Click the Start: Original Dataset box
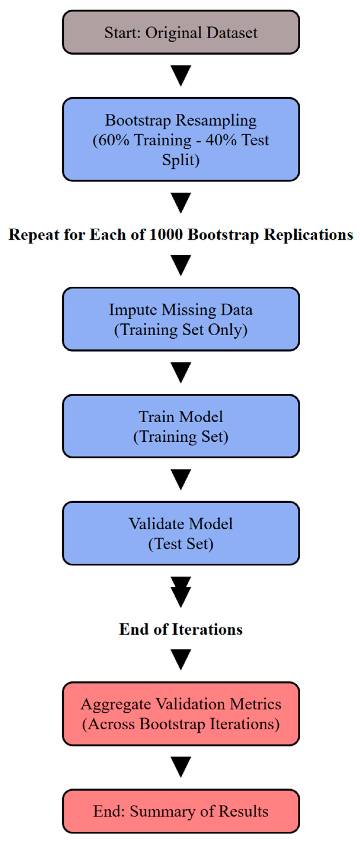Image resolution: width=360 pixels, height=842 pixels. point(181,32)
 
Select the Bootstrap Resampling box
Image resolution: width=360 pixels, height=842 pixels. point(181,139)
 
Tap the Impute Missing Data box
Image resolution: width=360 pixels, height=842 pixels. point(181,319)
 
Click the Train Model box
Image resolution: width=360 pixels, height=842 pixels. point(181,426)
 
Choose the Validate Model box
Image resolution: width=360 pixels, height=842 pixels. point(181,533)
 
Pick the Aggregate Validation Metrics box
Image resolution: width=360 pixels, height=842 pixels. point(181,714)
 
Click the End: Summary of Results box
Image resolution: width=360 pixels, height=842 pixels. point(181,811)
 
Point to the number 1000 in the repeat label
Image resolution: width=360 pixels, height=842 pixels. point(166,235)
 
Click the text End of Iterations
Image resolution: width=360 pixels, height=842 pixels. point(181,629)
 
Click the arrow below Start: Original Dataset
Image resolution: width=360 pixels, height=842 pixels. point(181,75)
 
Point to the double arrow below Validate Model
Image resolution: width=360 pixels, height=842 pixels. point(181,592)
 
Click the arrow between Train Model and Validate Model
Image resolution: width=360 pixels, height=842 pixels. point(181,479)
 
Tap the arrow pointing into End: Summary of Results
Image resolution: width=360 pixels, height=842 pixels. point(181,767)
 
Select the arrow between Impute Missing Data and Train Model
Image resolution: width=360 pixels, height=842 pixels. point(181,372)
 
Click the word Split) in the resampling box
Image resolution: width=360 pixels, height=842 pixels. point(181,160)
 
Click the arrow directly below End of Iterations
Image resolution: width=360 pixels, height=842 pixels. point(181,659)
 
